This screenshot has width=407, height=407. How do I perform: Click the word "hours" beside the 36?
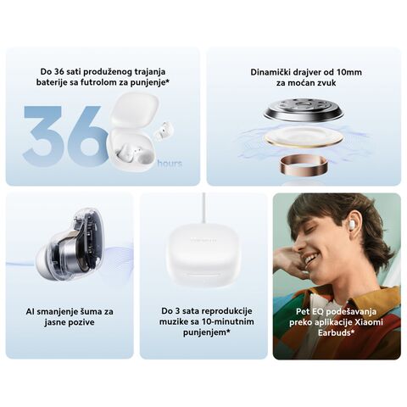[170, 164]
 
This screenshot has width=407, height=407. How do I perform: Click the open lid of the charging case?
[134, 109]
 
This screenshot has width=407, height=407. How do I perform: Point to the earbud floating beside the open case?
[163, 130]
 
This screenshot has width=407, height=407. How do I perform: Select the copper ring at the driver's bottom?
[304, 164]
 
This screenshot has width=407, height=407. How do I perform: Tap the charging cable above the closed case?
[203, 208]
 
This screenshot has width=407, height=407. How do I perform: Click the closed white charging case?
[203, 254]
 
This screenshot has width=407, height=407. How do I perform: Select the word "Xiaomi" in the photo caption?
[369, 322]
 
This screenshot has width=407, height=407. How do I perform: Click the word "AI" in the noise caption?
[30, 312]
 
